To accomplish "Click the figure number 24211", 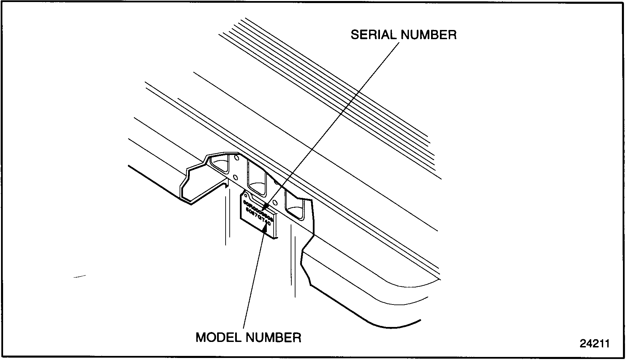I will [595, 343].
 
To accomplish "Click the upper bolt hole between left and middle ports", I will [236, 158].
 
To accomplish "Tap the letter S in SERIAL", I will [355, 35].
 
